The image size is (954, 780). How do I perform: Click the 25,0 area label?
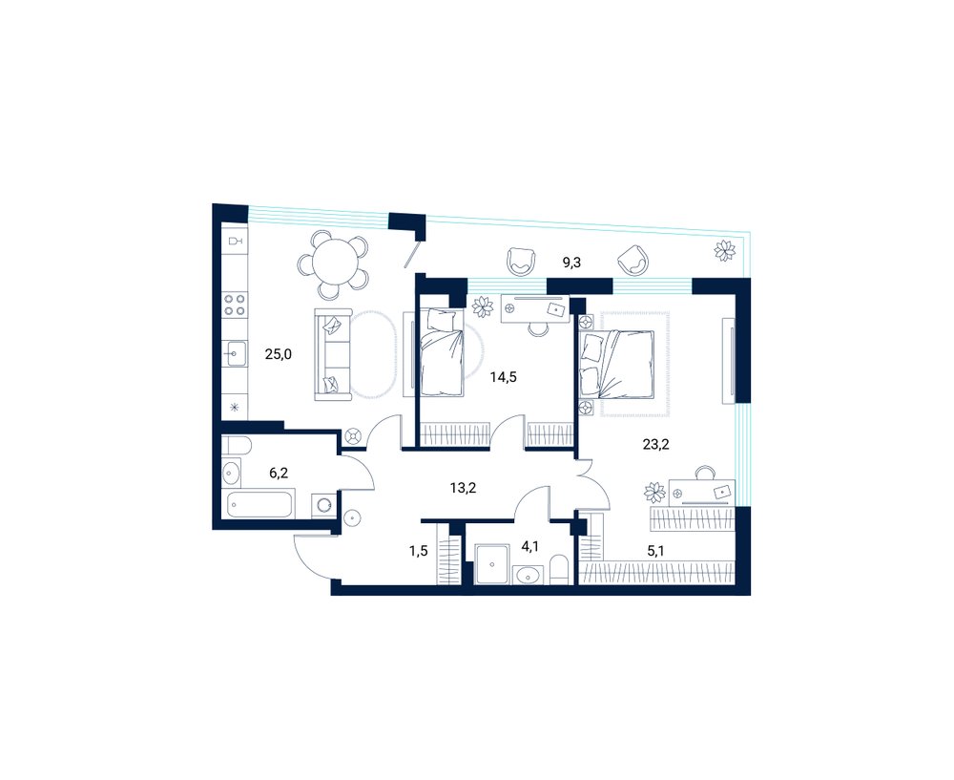[x=278, y=354]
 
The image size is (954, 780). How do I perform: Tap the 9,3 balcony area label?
[x=571, y=264]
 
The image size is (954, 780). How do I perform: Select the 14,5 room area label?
[x=503, y=377]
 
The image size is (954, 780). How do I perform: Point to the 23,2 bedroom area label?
[x=656, y=445]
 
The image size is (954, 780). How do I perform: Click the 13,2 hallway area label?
[x=463, y=487]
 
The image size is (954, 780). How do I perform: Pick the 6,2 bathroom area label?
[x=279, y=474]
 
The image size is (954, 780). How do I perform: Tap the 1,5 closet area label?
[x=419, y=551]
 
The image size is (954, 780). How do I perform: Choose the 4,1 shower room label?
[x=529, y=546]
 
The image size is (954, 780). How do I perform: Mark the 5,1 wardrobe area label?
[x=656, y=552]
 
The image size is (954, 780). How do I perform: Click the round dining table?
[x=335, y=260]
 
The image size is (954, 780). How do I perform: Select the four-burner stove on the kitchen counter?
[x=235, y=305]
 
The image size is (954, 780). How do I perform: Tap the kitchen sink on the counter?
[x=236, y=354]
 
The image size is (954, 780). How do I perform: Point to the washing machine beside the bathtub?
[x=324, y=504]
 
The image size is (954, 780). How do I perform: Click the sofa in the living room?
[x=333, y=355]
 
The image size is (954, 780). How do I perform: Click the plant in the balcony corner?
[x=725, y=250]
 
